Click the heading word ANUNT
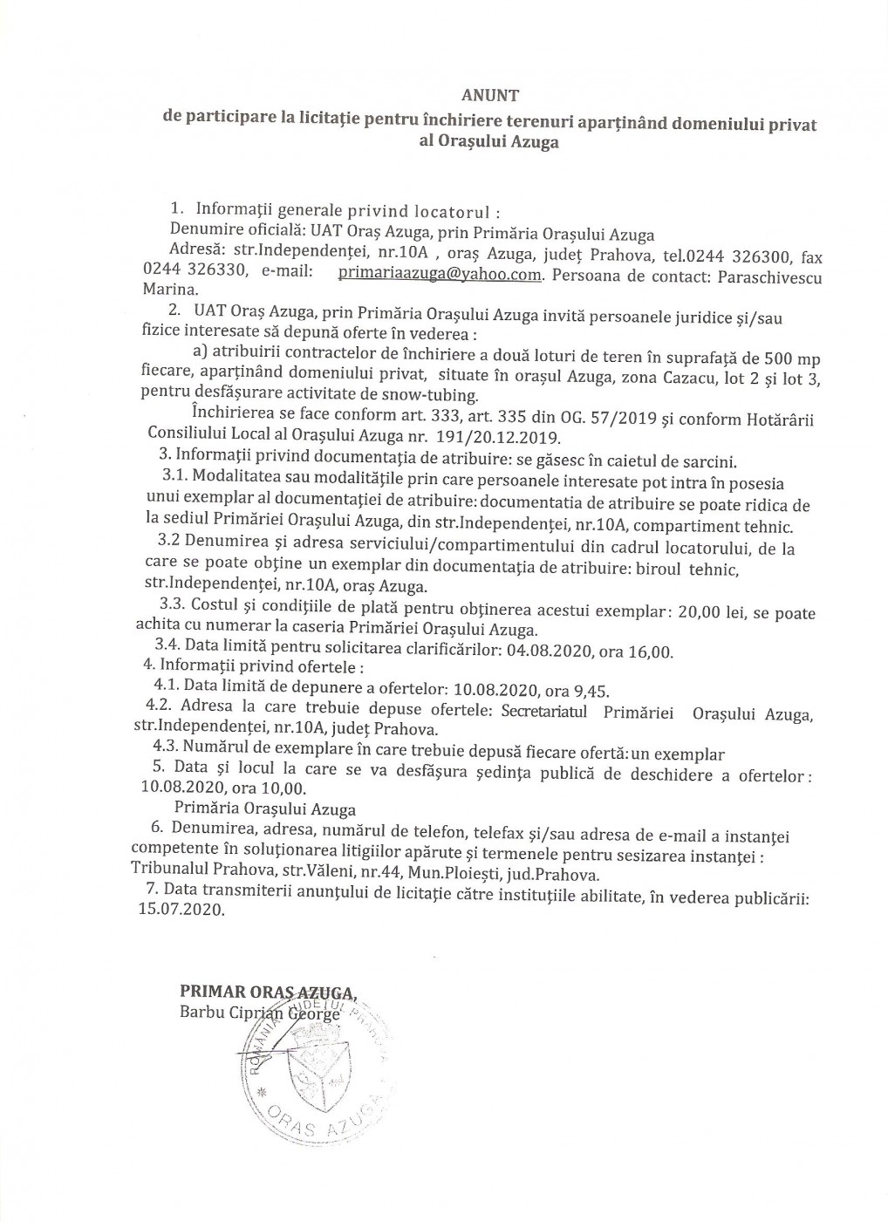click(489, 95)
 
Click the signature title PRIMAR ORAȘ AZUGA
click(268, 992)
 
